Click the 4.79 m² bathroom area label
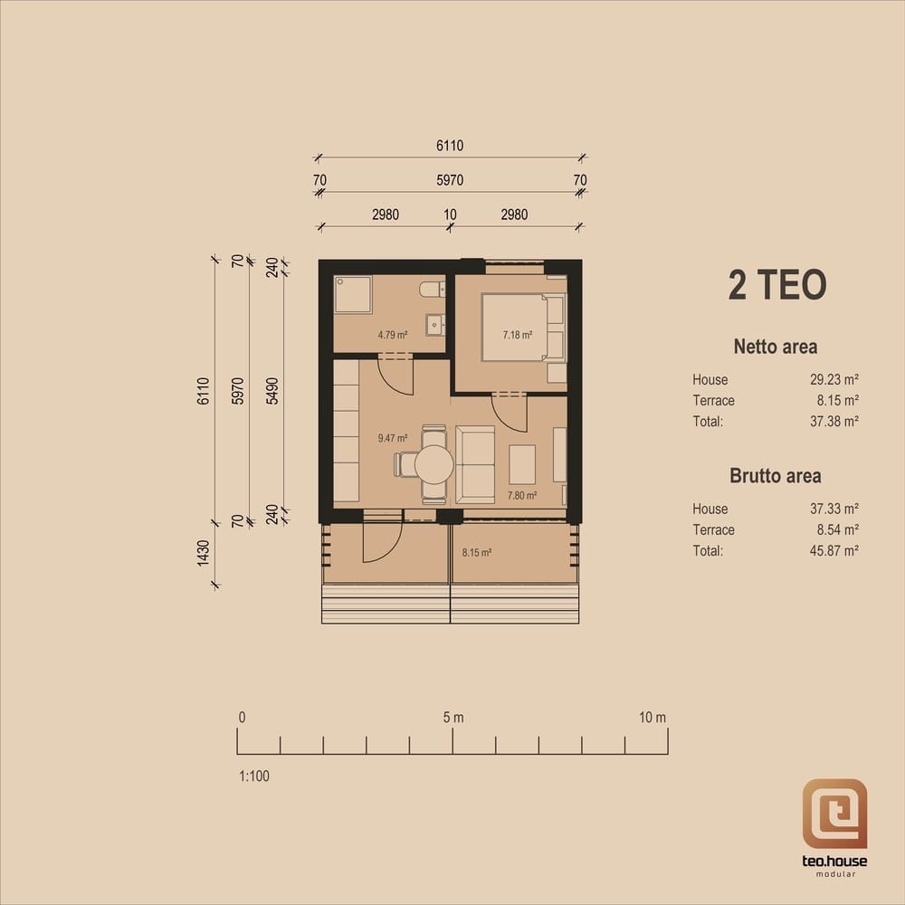point(393,335)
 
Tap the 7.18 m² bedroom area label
point(517,335)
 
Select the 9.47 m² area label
point(393,438)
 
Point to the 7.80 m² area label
point(522,495)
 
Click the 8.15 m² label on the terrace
point(477,552)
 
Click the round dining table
point(434,464)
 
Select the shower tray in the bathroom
point(353,294)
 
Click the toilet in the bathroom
point(433,289)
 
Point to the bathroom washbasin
point(435,325)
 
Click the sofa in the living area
point(475,464)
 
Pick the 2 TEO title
point(776,285)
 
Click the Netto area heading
point(776,347)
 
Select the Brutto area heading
point(776,476)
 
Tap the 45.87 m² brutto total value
point(834,550)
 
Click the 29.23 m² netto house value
point(834,380)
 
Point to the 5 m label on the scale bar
point(453,718)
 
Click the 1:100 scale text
point(254,776)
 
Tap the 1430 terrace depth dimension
point(203,553)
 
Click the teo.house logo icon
point(834,814)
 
